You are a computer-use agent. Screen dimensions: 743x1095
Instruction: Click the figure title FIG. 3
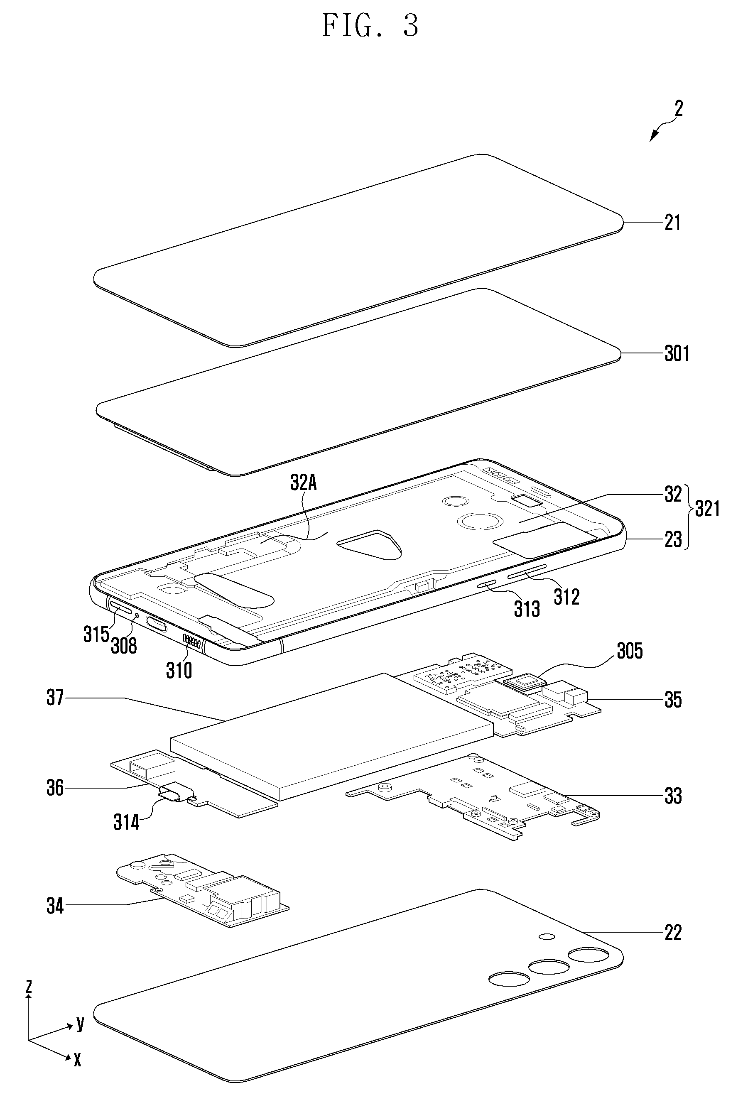(370, 26)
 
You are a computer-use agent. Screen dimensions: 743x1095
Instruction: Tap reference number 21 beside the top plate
(672, 222)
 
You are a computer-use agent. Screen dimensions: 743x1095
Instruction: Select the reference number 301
(677, 353)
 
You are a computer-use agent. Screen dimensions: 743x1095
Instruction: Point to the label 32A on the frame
(304, 483)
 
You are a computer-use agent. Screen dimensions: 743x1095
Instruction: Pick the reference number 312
(566, 597)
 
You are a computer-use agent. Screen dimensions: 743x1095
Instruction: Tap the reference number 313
(527, 609)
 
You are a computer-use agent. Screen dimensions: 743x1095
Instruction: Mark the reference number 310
(179, 671)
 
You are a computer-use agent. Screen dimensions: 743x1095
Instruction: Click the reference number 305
(630, 651)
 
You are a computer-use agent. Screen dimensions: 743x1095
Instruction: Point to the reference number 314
(126, 823)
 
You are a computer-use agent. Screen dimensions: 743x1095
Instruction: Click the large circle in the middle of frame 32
(476, 521)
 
